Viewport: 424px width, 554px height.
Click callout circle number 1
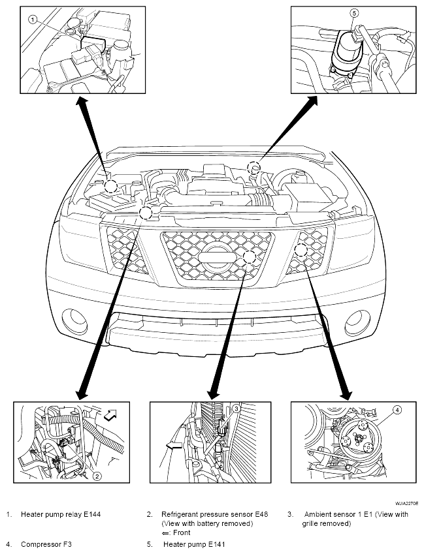click(x=33, y=20)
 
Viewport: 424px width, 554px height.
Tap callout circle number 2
click(x=97, y=476)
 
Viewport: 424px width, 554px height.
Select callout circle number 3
click(x=236, y=408)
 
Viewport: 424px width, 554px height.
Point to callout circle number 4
click(x=397, y=410)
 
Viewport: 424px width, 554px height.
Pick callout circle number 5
click(x=354, y=13)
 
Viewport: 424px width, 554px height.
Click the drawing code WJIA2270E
click(x=406, y=502)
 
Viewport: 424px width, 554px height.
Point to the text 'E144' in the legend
click(x=92, y=514)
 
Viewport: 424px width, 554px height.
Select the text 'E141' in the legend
click(x=216, y=544)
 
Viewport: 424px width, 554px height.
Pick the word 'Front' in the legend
click(x=182, y=533)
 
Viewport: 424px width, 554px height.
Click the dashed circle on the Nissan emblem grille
click(x=250, y=257)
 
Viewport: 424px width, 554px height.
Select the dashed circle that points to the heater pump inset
click(x=254, y=166)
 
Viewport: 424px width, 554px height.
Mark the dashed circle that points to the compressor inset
click(x=301, y=250)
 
